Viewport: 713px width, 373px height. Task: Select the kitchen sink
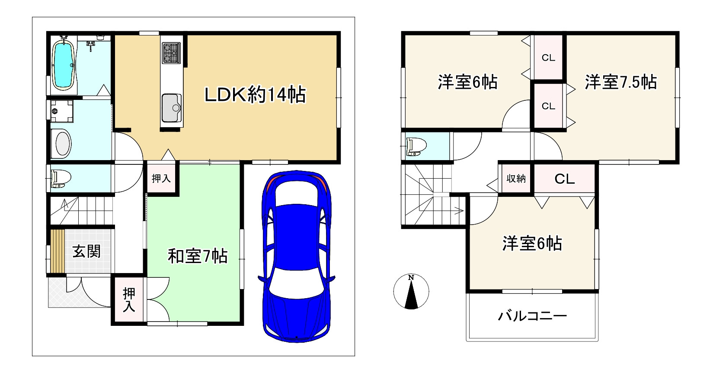click(x=172, y=107)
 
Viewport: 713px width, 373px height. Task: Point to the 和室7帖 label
click(x=198, y=257)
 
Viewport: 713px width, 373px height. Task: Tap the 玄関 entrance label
click(x=86, y=251)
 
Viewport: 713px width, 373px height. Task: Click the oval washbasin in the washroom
click(x=61, y=144)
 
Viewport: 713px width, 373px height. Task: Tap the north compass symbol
click(x=411, y=291)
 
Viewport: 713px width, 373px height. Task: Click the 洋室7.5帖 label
click(x=621, y=82)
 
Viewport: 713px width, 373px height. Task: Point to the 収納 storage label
click(x=516, y=178)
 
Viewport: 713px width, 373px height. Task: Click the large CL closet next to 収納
click(x=565, y=179)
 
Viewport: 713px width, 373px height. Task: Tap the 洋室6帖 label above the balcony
click(x=532, y=244)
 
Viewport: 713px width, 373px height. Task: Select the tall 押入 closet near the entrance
click(x=129, y=300)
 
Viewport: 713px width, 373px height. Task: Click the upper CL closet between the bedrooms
click(x=548, y=58)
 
